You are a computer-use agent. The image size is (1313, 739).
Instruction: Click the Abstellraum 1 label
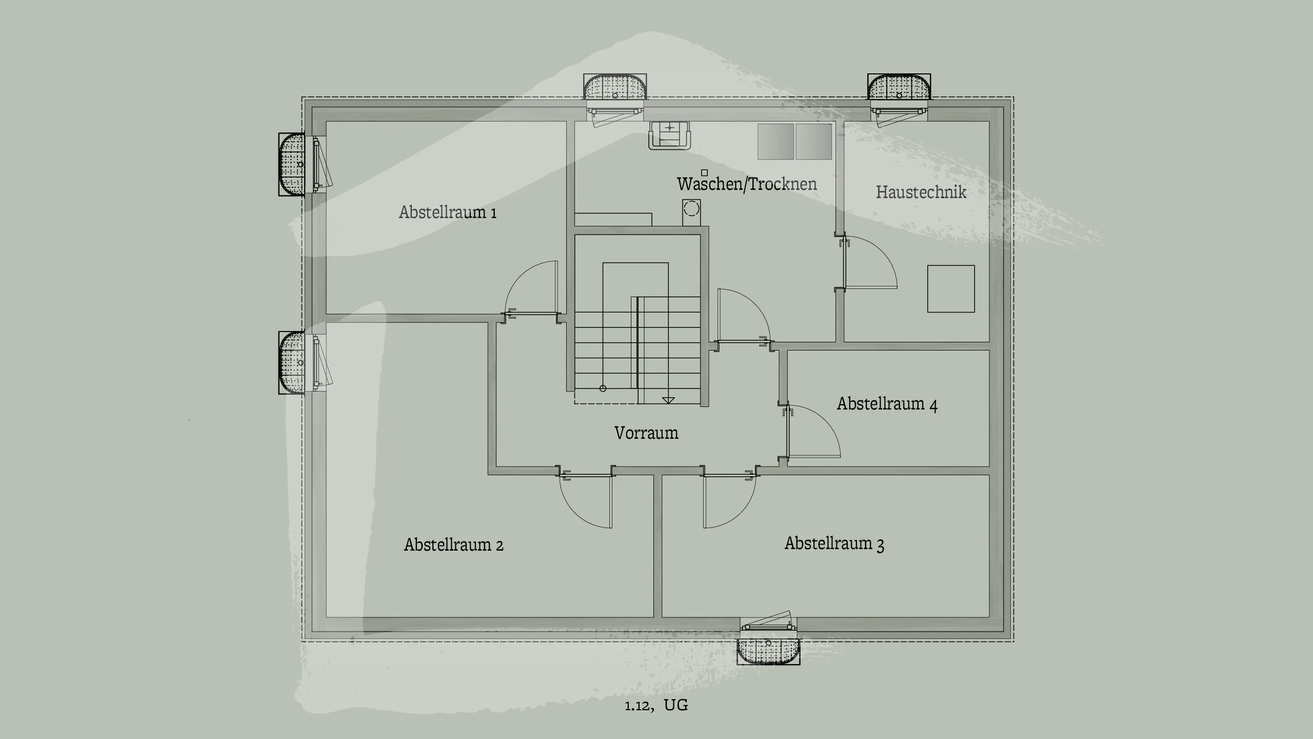pos(448,212)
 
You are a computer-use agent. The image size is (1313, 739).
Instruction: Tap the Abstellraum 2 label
pos(453,544)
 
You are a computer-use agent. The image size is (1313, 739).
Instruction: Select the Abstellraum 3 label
pos(834,543)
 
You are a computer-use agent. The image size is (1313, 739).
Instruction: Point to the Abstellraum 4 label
pos(887,404)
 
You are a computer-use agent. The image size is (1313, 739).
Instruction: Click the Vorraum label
pos(646,433)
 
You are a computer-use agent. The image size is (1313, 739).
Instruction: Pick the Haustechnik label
pos(921,192)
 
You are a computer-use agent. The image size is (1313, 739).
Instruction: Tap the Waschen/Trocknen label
pos(747,184)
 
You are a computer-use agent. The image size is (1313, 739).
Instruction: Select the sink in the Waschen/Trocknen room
pos(669,135)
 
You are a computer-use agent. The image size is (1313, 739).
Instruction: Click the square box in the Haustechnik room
pos(950,288)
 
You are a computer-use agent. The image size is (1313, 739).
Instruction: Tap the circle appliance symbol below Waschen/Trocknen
pos(691,209)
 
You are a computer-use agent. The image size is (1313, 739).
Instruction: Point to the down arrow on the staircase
pos(668,400)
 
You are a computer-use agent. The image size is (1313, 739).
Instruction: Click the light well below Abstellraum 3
pos(768,651)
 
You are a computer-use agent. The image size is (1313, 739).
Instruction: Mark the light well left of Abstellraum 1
pos(292,164)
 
